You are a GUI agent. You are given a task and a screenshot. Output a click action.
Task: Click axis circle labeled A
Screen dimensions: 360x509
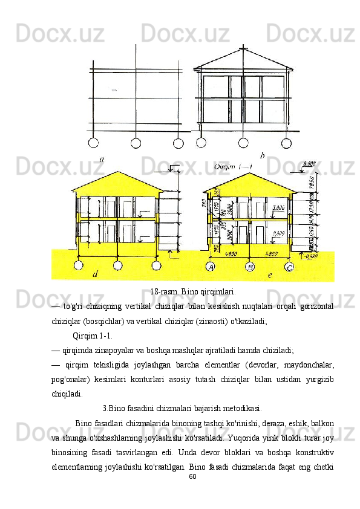211,266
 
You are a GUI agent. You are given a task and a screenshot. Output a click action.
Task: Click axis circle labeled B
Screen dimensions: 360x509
250,267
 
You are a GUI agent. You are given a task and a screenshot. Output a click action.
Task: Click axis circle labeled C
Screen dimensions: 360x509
289,267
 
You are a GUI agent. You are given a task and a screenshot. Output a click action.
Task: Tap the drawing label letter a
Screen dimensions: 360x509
102,159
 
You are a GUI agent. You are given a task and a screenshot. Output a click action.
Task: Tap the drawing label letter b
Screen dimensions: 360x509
262,156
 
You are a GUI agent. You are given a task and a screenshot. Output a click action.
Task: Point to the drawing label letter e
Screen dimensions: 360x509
269,275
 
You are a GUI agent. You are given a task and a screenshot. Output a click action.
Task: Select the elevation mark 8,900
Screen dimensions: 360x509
309,163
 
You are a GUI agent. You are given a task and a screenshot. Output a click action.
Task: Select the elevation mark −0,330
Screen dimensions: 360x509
311,256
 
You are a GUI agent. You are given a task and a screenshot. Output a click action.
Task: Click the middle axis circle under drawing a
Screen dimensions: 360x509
136,143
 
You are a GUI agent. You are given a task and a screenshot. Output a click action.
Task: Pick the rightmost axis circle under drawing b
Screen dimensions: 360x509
281,143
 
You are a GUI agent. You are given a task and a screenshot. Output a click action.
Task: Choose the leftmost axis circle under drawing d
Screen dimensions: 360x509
79,265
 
